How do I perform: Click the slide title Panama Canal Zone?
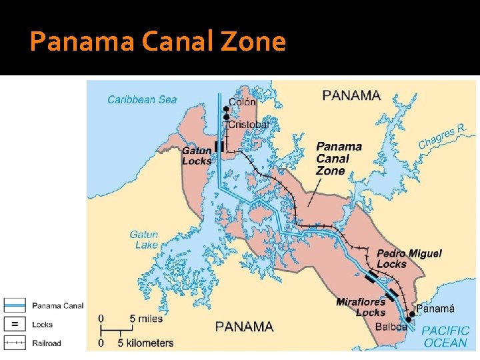158,42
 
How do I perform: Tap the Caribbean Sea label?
142,100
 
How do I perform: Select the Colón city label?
242,103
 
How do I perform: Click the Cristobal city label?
248,125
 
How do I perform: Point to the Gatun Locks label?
197,155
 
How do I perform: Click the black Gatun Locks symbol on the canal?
219,147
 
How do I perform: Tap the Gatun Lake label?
144,239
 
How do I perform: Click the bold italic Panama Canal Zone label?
339,158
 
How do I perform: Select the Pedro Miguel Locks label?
409,259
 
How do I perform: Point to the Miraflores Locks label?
361,307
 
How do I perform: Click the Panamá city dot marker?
411,313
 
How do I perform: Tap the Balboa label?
391,327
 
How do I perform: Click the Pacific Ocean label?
445,336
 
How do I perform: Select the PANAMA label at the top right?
351,95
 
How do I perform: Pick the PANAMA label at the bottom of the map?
244,327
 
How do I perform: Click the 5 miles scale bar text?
145,319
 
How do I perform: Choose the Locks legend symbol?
15,325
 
